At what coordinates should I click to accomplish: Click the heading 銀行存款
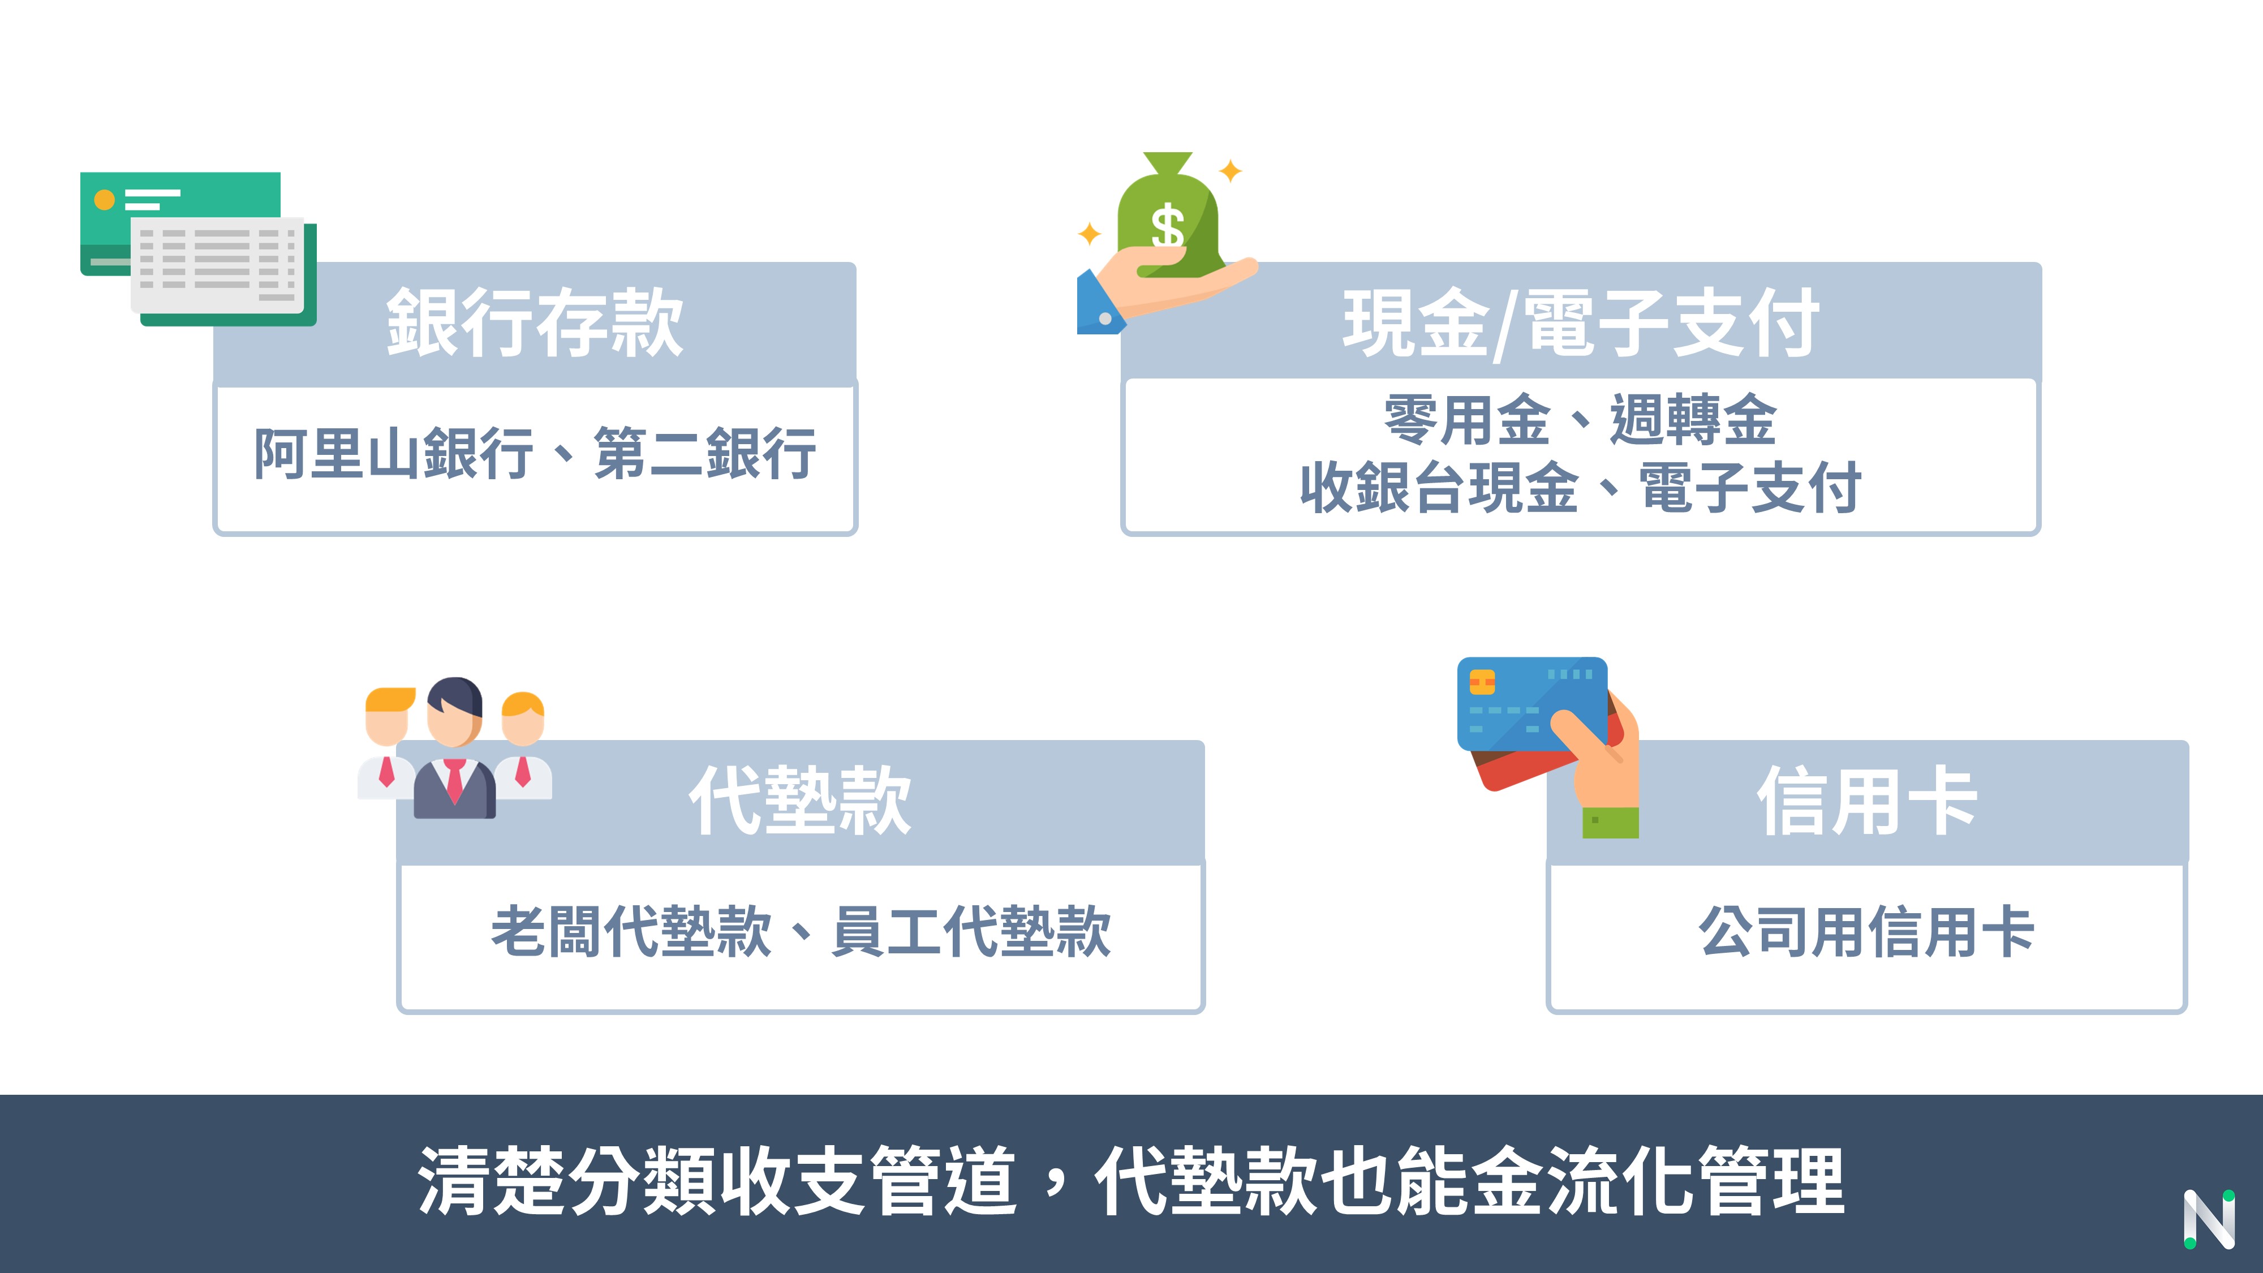[534, 322]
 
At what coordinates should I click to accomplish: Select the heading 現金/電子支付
[1580, 322]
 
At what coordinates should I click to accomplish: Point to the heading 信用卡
[1867, 801]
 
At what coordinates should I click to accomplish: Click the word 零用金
[1467, 420]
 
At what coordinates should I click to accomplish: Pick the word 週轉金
[1693, 420]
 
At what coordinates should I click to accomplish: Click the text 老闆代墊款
[631, 931]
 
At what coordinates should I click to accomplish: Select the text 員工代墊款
[971, 931]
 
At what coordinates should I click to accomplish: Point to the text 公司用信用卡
[1867, 931]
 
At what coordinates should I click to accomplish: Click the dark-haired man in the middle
[454, 747]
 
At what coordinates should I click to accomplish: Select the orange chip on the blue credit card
[1482, 682]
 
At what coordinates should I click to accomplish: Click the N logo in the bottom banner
[2209, 1219]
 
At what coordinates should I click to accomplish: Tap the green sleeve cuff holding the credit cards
[1610, 822]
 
